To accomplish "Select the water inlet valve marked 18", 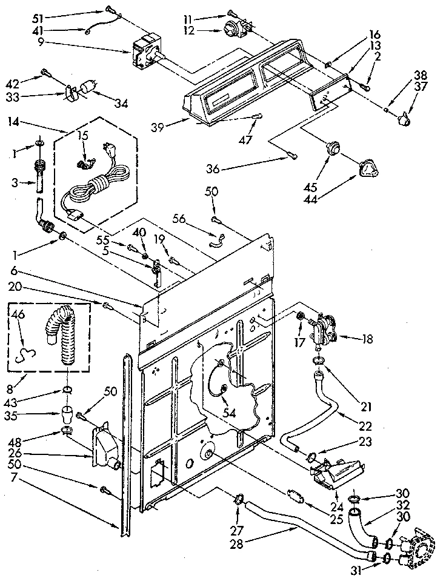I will tap(324, 330).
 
